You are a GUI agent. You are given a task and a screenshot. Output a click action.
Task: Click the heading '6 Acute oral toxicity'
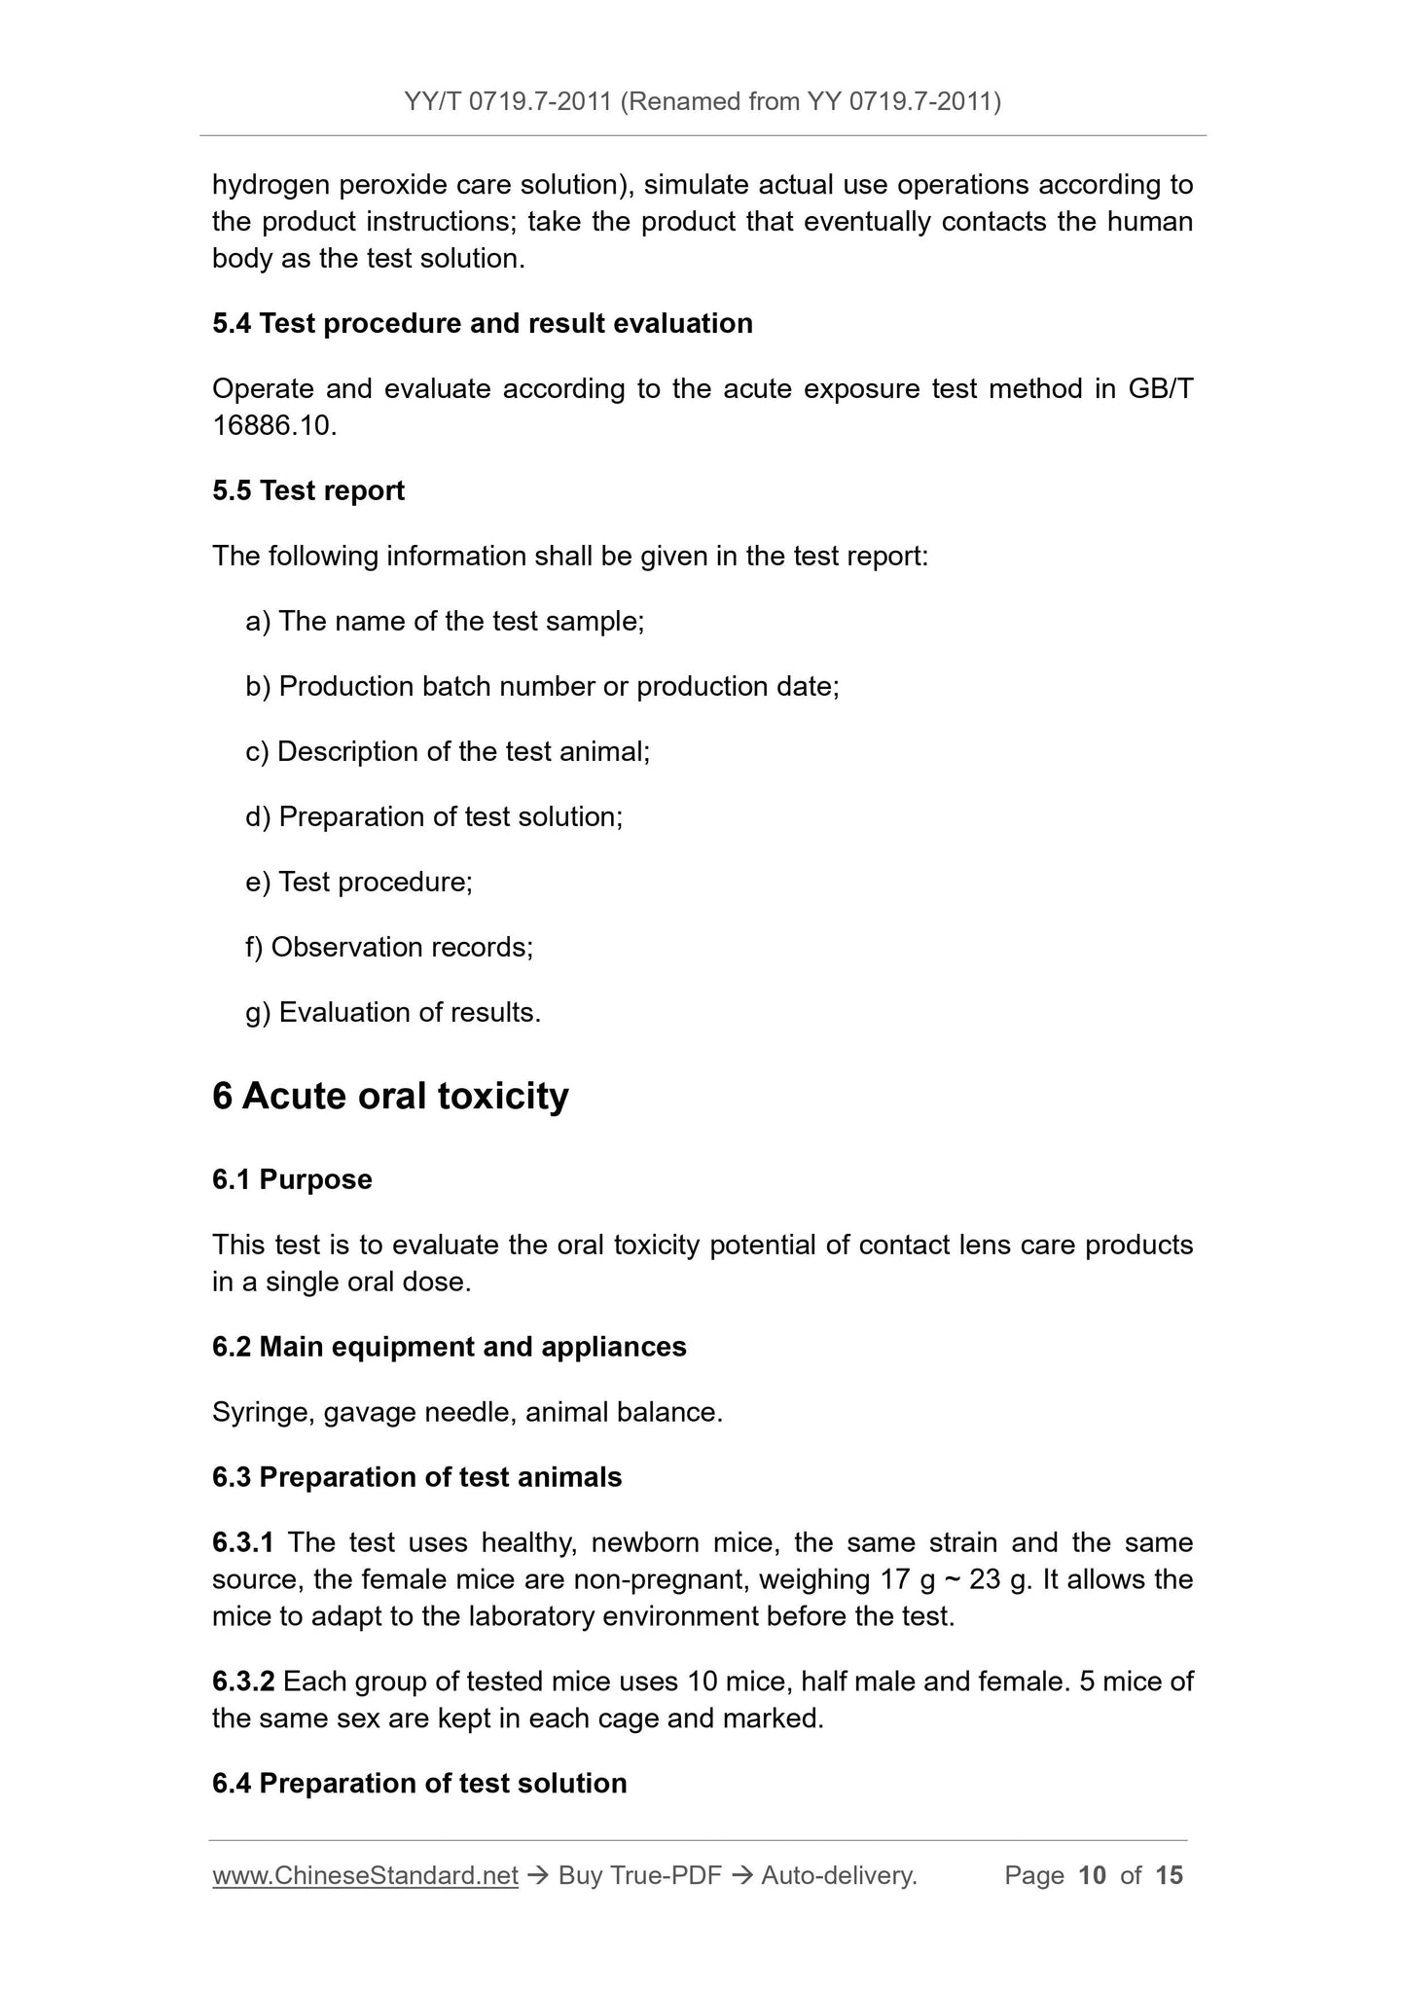pos(390,1097)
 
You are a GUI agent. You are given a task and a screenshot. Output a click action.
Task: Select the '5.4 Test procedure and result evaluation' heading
pos(483,324)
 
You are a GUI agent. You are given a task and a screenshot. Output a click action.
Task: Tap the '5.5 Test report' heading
pos(308,490)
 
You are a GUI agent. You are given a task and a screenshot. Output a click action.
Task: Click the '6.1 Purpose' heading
pos(292,1179)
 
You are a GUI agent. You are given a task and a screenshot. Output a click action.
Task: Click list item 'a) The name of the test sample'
pos(446,621)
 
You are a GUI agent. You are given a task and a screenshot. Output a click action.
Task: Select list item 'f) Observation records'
pos(389,947)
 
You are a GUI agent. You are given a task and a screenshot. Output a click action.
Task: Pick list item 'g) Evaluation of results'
pos(393,1013)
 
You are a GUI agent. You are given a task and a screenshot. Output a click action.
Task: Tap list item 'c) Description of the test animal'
pos(448,751)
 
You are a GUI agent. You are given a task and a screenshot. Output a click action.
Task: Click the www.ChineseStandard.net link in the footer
pos(365,1876)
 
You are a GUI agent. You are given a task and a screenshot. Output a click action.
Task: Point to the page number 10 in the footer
pos(1093,1876)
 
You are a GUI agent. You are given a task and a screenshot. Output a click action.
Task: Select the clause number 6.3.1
pos(243,1543)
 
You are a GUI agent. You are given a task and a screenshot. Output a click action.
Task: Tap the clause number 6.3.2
pos(243,1682)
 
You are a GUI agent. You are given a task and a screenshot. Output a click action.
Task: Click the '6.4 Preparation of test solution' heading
pos(419,1784)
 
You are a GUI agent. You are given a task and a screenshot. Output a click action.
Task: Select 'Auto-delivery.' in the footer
pos(839,1876)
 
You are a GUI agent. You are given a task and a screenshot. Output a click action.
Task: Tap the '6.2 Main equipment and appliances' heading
pos(450,1347)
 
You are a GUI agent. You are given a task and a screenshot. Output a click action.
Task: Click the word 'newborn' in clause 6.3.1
pos(645,1543)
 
